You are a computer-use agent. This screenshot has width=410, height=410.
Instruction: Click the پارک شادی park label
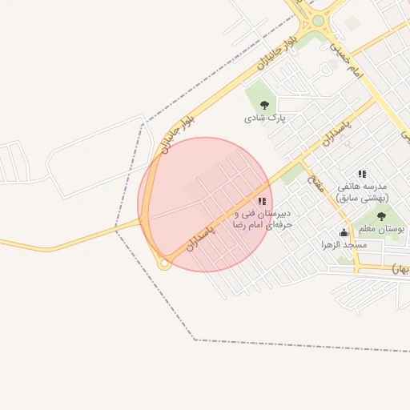click(x=265, y=118)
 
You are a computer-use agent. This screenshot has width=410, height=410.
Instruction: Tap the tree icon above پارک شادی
click(x=265, y=104)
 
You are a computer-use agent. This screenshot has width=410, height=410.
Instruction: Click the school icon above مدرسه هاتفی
click(x=362, y=174)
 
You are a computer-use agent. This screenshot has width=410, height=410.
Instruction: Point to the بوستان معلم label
click(x=379, y=230)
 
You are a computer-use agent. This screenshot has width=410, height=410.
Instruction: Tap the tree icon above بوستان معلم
click(x=381, y=215)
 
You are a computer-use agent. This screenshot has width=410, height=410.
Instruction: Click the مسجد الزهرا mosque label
click(x=344, y=244)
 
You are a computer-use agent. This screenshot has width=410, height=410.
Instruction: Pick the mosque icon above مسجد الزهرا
click(x=344, y=232)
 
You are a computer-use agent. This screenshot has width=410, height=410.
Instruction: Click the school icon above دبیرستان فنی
click(x=262, y=201)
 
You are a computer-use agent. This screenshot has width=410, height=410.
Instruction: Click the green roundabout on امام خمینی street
click(x=318, y=21)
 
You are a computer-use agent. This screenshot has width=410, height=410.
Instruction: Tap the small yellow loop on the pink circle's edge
click(x=164, y=263)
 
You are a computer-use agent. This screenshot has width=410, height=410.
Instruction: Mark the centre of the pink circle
click(x=205, y=205)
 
